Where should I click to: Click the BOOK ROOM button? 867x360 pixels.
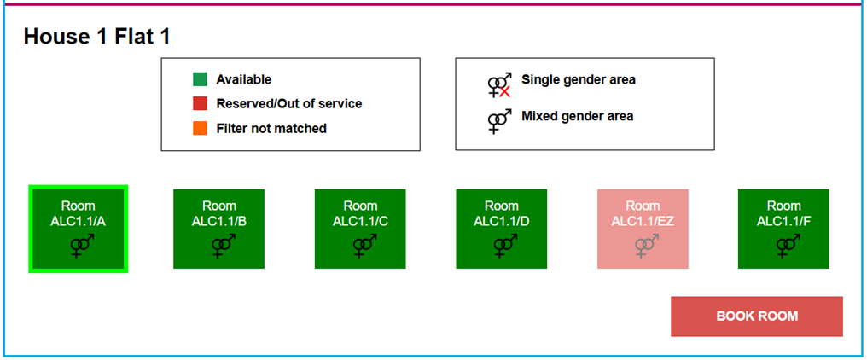coord(757,316)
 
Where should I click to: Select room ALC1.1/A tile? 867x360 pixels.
coord(78,229)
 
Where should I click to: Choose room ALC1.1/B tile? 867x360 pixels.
coord(218,229)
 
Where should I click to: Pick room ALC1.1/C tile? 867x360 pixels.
coord(360,229)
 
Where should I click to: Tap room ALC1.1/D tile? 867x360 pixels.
coord(501,229)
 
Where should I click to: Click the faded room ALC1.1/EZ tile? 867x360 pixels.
coord(643,229)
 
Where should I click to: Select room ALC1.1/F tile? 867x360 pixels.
coord(783,229)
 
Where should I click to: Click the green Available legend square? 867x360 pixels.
coord(200,79)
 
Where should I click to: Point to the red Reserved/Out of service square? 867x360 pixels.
coord(200,103)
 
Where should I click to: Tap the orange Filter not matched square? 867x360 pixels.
coord(200,128)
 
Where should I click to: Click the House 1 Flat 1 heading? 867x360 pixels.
coord(96,37)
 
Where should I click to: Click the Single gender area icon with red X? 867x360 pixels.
coord(499,84)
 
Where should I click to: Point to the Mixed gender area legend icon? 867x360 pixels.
coord(499,120)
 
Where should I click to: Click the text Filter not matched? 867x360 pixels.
coord(271,128)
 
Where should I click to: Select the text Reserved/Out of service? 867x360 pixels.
coord(288,103)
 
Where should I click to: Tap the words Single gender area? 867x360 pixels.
coord(578,79)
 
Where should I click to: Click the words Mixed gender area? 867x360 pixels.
coord(577,115)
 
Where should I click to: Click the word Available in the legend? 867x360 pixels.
coord(243,79)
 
